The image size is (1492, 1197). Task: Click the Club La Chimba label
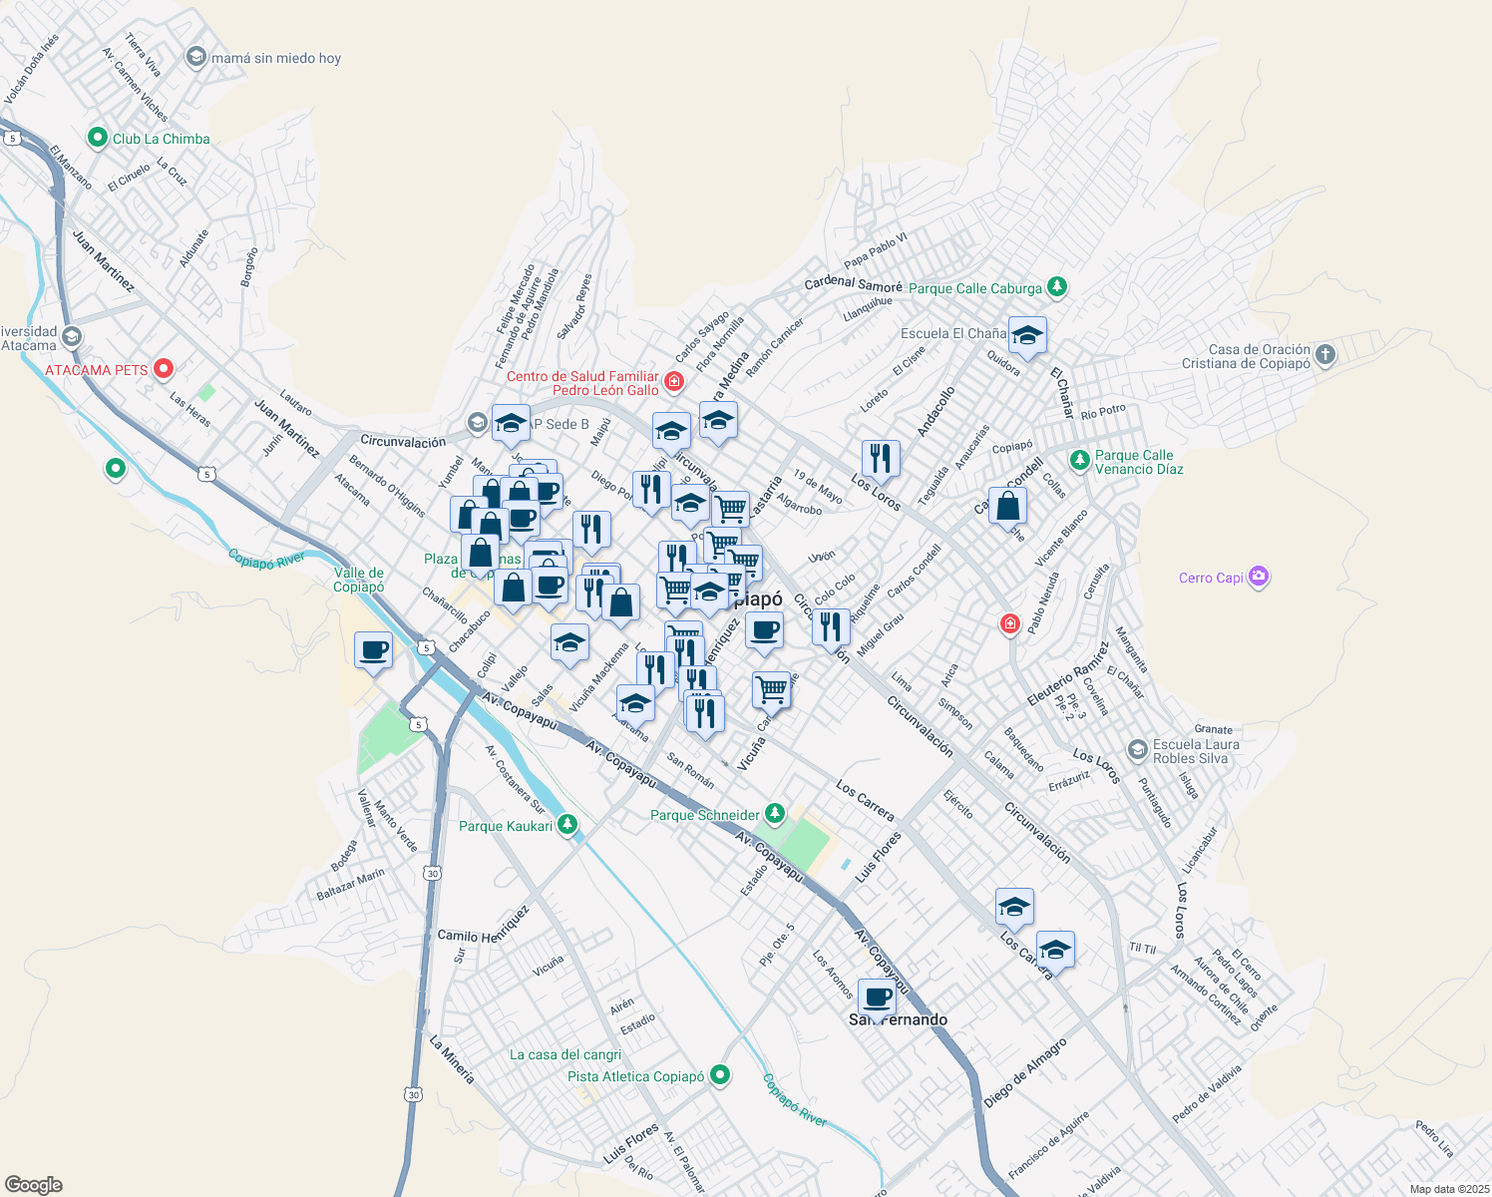(x=161, y=139)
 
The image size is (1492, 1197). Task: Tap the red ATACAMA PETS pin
(x=165, y=369)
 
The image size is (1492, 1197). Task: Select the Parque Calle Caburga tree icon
(x=1057, y=287)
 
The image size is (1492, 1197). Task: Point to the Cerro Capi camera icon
(x=1259, y=577)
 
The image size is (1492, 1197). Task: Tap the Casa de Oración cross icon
(x=1324, y=354)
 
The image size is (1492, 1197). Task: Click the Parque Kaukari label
(x=506, y=826)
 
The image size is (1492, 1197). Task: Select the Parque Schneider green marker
(x=774, y=814)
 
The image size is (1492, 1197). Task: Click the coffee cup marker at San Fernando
(x=878, y=997)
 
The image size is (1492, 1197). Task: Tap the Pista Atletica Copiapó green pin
(x=720, y=1075)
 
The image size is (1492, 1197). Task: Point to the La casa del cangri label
(x=565, y=1054)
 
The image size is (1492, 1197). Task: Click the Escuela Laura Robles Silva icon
(x=1137, y=749)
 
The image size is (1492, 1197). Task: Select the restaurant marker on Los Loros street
(x=880, y=458)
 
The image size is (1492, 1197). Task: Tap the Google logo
(x=33, y=1185)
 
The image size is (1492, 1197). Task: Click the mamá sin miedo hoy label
(x=276, y=58)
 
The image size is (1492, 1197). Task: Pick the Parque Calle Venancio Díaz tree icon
(x=1079, y=460)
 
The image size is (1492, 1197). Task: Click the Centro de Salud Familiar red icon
(x=674, y=382)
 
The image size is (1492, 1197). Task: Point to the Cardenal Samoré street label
(x=853, y=283)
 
